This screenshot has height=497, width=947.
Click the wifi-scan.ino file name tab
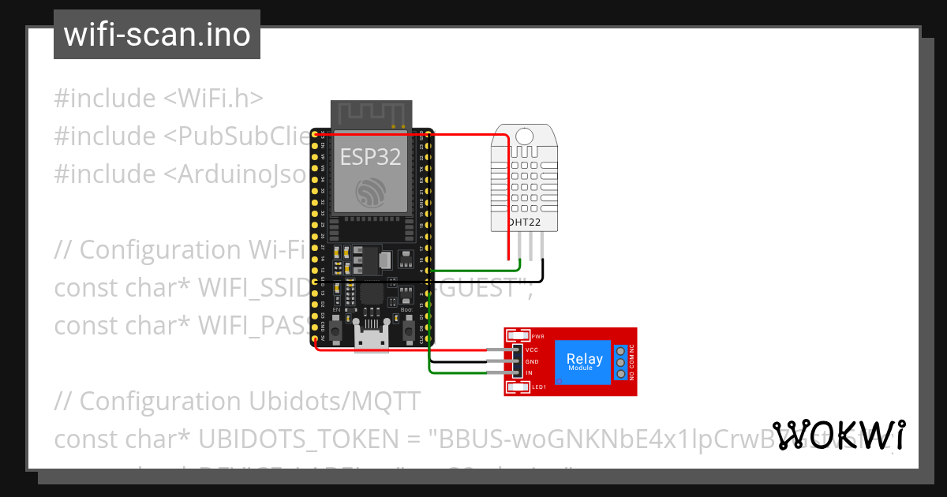point(156,35)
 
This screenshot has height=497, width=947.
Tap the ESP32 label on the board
point(371,157)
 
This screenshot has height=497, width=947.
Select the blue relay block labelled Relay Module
point(584,361)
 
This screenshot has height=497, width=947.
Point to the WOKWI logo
point(839,435)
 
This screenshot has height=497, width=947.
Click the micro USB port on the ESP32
point(371,340)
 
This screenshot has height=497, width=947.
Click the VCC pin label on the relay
point(531,349)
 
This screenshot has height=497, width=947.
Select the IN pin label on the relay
point(529,372)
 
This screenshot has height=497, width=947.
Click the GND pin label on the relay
point(531,361)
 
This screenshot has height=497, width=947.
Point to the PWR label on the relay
point(538,336)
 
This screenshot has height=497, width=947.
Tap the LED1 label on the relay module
point(539,387)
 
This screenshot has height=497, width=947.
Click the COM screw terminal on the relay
point(620,362)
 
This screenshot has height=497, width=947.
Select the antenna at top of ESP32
point(371,114)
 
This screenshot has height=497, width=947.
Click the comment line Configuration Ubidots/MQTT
point(237,401)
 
